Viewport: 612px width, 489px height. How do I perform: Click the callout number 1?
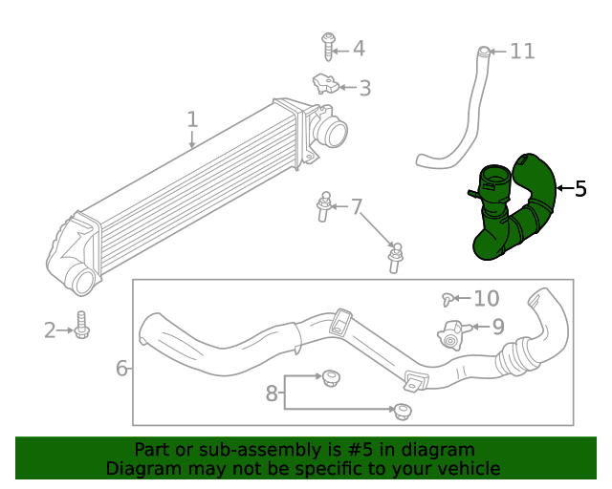click(x=192, y=119)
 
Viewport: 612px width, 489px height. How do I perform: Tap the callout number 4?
click(x=359, y=49)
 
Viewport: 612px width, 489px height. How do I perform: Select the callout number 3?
click(x=364, y=89)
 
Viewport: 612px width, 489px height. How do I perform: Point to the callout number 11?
click(x=522, y=51)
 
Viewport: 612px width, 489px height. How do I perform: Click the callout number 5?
click(x=580, y=188)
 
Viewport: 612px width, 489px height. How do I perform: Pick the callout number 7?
click(x=357, y=206)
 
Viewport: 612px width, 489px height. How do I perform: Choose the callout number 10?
click(x=486, y=299)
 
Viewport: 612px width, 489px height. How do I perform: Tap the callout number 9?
click(x=497, y=327)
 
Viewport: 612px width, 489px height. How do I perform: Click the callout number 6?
click(x=121, y=368)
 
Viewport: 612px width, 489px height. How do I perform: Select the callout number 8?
click(x=272, y=392)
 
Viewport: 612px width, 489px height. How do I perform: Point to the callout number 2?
click(x=50, y=330)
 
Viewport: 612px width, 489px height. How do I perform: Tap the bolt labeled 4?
click(x=328, y=46)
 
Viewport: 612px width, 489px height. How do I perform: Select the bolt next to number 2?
click(x=82, y=326)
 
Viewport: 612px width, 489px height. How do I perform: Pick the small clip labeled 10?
click(x=448, y=300)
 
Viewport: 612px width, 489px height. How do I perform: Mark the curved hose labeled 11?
click(x=467, y=115)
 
